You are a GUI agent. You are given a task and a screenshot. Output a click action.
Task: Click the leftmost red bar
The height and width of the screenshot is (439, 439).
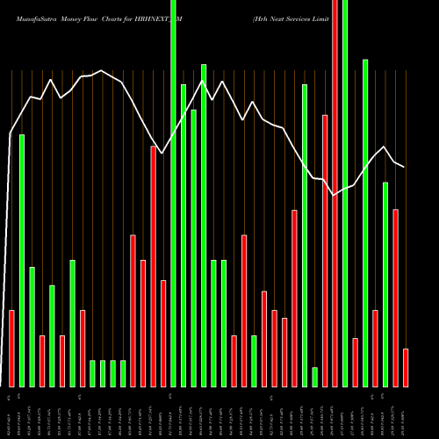pos(12,348)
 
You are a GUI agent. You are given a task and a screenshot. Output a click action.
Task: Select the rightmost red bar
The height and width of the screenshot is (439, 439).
pos(406,367)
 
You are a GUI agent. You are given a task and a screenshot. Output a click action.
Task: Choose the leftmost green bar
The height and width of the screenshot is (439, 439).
pos(22,260)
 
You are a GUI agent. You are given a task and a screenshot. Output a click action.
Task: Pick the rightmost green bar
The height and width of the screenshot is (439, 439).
pos(385,284)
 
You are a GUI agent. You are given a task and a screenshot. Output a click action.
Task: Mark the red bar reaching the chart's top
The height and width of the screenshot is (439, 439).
pos(335,193)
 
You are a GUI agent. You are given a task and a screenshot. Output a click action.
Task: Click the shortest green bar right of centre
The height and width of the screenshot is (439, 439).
pos(314,377)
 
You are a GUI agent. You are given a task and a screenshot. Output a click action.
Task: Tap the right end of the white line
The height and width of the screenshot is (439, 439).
pos(404,167)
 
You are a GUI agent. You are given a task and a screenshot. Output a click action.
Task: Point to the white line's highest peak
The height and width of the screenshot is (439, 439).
pos(101,70)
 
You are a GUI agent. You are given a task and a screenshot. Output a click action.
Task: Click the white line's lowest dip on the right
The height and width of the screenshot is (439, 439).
pos(335,194)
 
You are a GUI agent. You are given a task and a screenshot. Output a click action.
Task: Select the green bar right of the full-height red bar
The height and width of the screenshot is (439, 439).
pos(345,193)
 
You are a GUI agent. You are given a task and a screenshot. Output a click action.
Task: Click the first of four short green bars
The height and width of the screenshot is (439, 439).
pos(93,373)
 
